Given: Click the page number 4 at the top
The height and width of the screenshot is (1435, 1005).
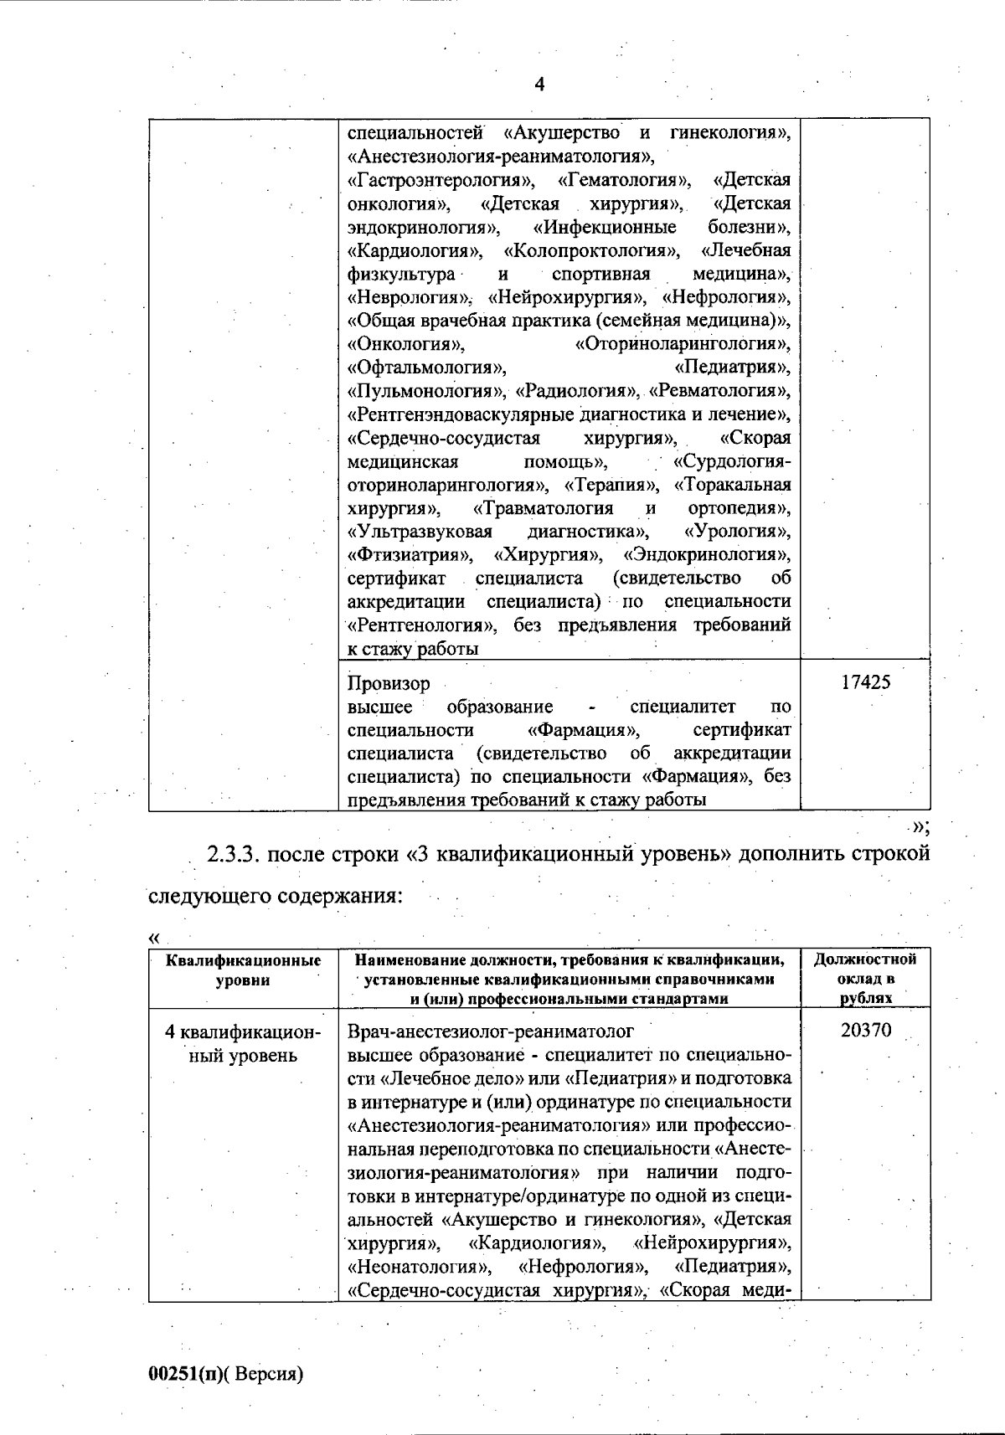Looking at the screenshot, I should pos(539,85).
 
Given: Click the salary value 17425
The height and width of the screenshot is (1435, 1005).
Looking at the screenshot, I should pos(865,682).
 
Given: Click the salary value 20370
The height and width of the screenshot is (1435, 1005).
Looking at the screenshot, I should pos(865,1031).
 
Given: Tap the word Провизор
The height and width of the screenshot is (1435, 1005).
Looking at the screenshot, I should pos(389,683).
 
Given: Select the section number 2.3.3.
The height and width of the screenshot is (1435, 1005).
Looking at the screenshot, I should pos(235,854).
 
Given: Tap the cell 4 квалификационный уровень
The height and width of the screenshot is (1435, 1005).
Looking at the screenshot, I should pos(243,1043).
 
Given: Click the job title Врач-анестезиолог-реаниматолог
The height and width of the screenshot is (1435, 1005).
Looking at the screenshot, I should pos(490,1031).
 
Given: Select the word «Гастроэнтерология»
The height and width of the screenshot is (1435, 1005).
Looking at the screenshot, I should pos(441,180).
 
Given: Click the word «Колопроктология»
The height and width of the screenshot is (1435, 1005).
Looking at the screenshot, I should pos(592,250).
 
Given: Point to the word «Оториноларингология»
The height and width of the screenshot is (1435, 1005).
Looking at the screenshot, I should pos(682,344).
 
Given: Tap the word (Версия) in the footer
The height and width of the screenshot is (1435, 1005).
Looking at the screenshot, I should pos(265,1374).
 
